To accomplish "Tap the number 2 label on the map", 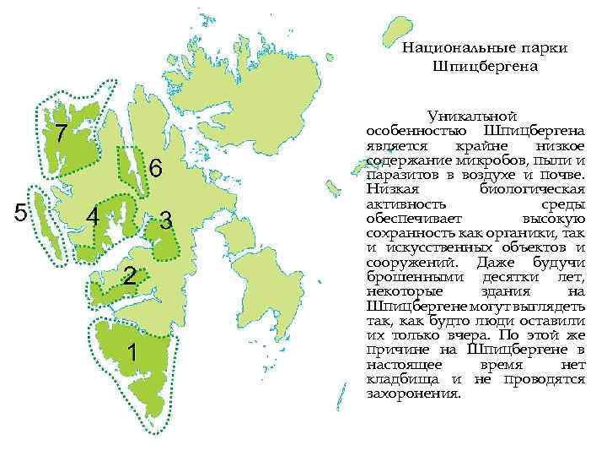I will (x=128, y=275).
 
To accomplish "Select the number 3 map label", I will (x=166, y=221).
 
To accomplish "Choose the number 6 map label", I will (x=155, y=169).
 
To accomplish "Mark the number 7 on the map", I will (x=60, y=133).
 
